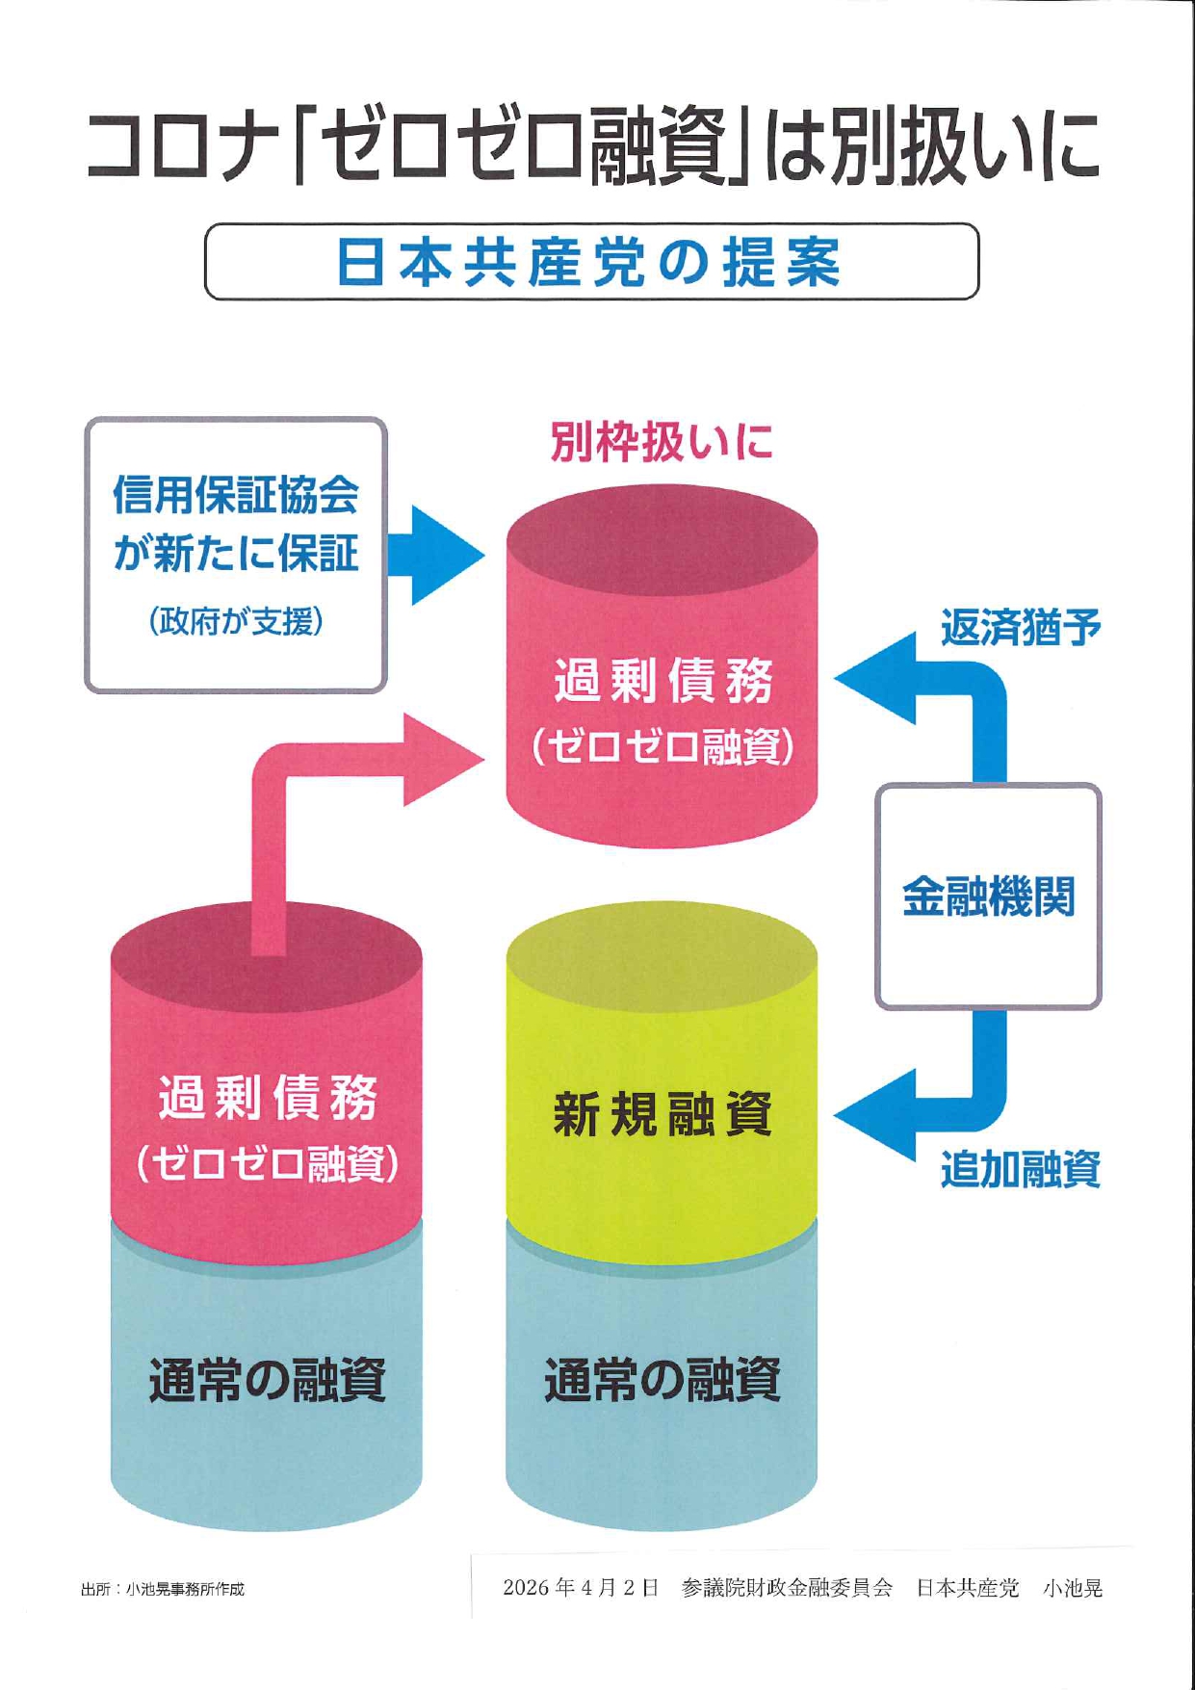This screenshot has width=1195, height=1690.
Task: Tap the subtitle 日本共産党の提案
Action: pos(589,262)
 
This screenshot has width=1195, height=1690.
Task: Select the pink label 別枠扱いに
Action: pos(662,442)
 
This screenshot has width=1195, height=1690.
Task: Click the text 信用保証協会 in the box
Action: pos(236,495)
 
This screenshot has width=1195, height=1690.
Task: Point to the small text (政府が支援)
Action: pos(236,621)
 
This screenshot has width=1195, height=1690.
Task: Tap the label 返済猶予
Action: pos(1020,628)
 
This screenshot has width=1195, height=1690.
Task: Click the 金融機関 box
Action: pos(988,897)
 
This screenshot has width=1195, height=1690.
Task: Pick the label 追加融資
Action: pos(1020,1170)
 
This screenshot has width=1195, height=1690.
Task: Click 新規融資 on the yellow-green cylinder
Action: pos(662,1114)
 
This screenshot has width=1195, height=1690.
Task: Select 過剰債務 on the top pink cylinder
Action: pos(662,681)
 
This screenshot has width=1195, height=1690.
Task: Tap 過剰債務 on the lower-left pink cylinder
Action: pos(267,1098)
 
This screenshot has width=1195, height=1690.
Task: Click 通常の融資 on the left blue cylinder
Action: pos(267,1380)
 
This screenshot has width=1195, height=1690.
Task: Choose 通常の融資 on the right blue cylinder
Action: pos(662,1380)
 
